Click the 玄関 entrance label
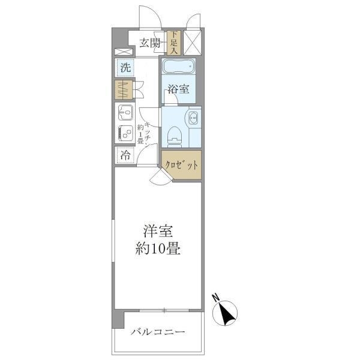coord(150,43)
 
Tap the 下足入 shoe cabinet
coord(174,43)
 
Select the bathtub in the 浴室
coord(179,67)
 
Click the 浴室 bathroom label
coord(178,89)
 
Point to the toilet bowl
coord(175,137)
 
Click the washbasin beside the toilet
coord(193,118)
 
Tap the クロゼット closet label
coord(181,165)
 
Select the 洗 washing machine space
coord(125,68)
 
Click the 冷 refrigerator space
coord(125,155)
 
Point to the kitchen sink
coord(125,113)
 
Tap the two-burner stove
coord(125,133)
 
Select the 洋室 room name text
coord(158,231)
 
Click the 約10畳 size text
coord(158,248)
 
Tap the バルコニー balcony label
coord(158,332)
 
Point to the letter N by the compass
coord(215,298)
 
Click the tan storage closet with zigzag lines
coord(124,90)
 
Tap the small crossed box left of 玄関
coord(124,52)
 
